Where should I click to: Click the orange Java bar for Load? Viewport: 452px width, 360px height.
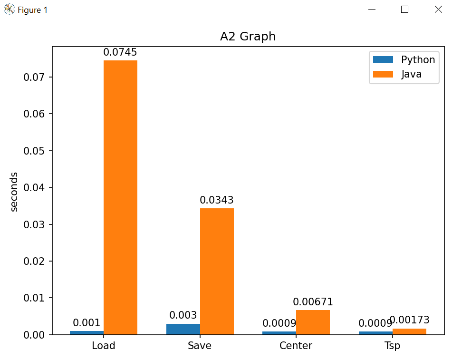pos(120,197)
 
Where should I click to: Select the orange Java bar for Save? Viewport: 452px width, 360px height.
pos(217,271)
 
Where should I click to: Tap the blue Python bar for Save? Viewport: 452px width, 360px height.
pos(183,329)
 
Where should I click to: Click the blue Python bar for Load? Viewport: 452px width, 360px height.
pos(87,332)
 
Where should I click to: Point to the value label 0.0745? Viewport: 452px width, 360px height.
pos(120,52)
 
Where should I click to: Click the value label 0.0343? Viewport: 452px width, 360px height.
pos(217,200)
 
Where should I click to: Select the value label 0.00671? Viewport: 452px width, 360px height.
pos(313,302)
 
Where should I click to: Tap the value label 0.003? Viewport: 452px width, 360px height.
pos(183,315)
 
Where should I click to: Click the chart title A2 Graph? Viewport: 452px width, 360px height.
pos(248,37)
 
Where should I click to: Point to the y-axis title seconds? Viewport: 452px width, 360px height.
pos(14,191)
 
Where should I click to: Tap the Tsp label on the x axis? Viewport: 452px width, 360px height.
pos(392,346)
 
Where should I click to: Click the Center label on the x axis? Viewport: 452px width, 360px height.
pos(296,346)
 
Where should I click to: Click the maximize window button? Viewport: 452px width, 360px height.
pos(405,10)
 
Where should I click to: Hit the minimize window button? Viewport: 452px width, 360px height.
pos(372,10)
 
